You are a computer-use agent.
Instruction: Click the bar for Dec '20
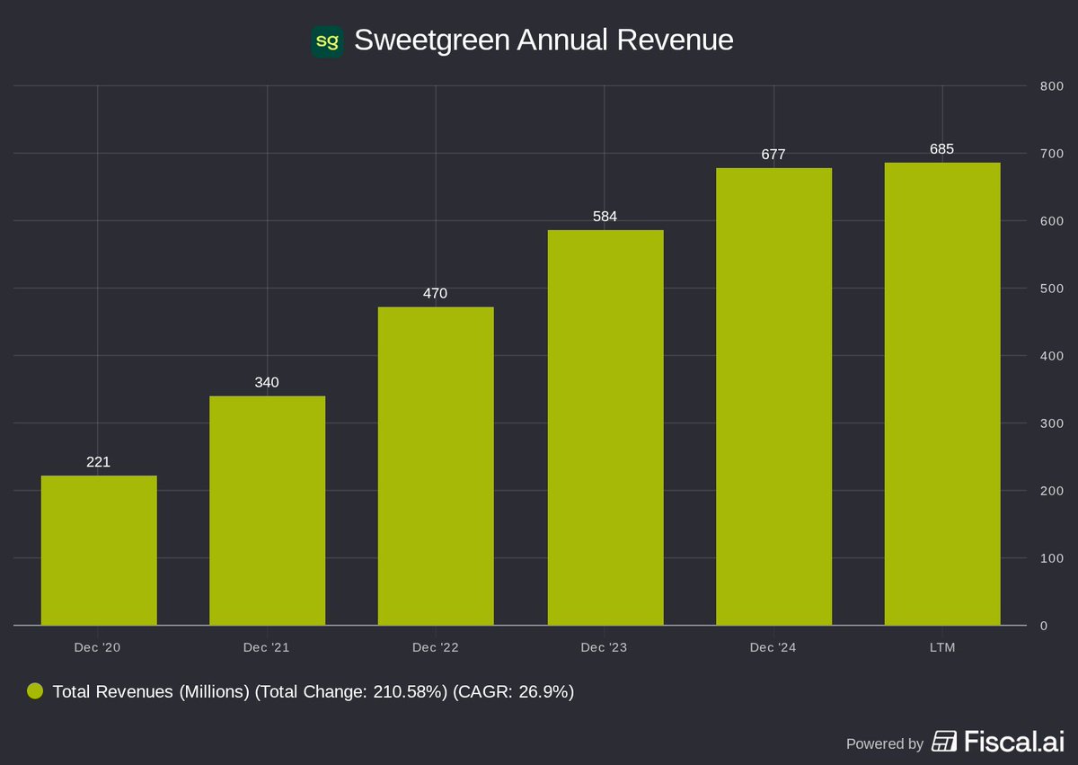[99, 550]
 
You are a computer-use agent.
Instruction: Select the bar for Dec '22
[436, 466]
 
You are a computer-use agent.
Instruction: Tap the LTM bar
[941, 394]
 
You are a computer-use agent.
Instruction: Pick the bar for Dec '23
[605, 427]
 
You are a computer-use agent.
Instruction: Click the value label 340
[267, 382]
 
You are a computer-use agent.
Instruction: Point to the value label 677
[773, 154]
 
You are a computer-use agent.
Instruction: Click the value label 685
[941, 148]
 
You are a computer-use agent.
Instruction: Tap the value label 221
[98, 462]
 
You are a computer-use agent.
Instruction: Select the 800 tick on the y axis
[1051, 86]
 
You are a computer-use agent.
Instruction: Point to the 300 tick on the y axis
[1051, 423]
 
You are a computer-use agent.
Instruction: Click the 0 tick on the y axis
[1044, 626]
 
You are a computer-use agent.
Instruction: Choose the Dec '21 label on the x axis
[267, 647]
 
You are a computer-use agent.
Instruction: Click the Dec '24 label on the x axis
[773, 647]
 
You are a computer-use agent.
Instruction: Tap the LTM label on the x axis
[941, 647]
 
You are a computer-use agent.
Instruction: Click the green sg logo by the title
[327, 41]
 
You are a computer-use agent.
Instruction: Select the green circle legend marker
[35, 691]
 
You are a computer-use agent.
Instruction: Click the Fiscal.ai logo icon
[944, 742]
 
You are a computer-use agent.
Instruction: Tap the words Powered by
[885, 743]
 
